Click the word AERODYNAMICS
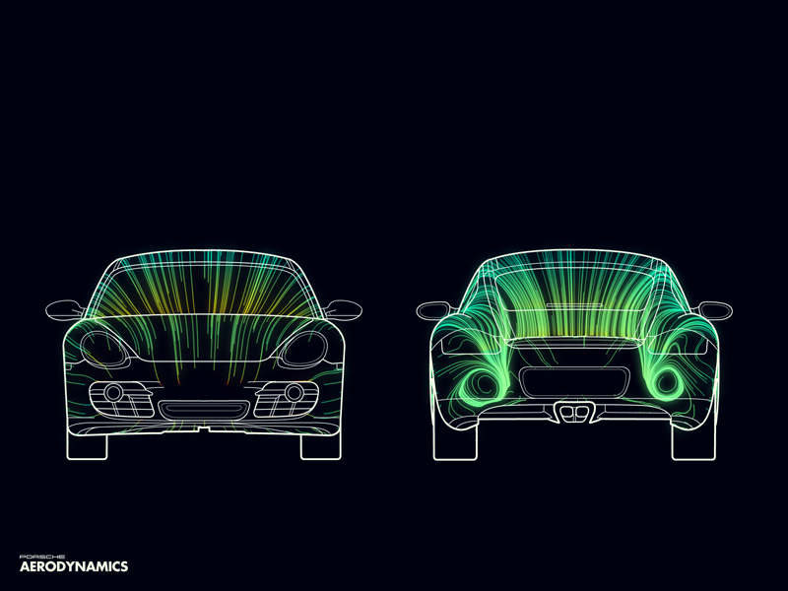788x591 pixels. click(74, 567)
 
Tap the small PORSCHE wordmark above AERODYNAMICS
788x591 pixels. click(42, 557)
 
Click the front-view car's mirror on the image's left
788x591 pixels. click(65, 309)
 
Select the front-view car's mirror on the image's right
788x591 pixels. click(343, 309)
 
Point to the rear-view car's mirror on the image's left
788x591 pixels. click(434, 310)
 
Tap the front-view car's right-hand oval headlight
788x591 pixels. click(304, 349)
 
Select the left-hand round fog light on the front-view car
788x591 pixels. click(113, 392)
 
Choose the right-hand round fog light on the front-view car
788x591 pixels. click(294, 392)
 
